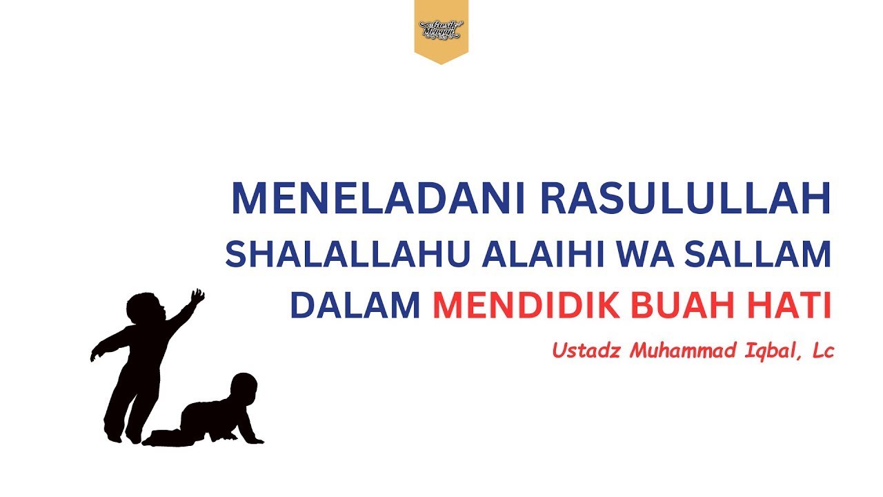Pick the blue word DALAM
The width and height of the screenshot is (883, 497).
coord(355,306)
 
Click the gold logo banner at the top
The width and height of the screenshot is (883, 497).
coord(441,30)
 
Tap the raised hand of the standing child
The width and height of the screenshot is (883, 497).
coord(197,297)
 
